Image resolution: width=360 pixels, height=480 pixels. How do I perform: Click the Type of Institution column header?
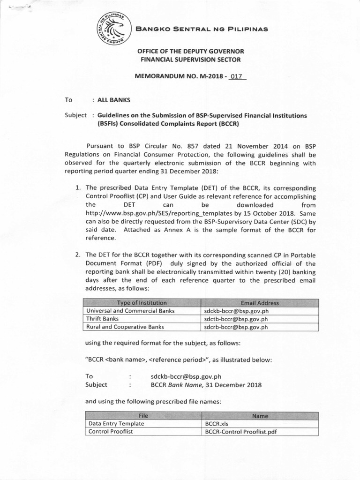[x=142, y=303]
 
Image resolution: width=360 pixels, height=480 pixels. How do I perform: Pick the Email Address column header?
[x=259, y=303]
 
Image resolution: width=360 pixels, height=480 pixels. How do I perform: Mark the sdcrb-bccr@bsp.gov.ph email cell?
[x=236, y=327]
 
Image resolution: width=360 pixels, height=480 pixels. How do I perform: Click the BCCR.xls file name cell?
[x=216, y=423]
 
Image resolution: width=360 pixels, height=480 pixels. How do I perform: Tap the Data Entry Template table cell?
[x=116, y=423]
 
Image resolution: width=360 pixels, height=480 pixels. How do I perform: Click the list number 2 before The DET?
[x=78, y=255]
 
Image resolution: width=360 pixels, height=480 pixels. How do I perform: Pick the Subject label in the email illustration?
[x=96, y=385]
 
